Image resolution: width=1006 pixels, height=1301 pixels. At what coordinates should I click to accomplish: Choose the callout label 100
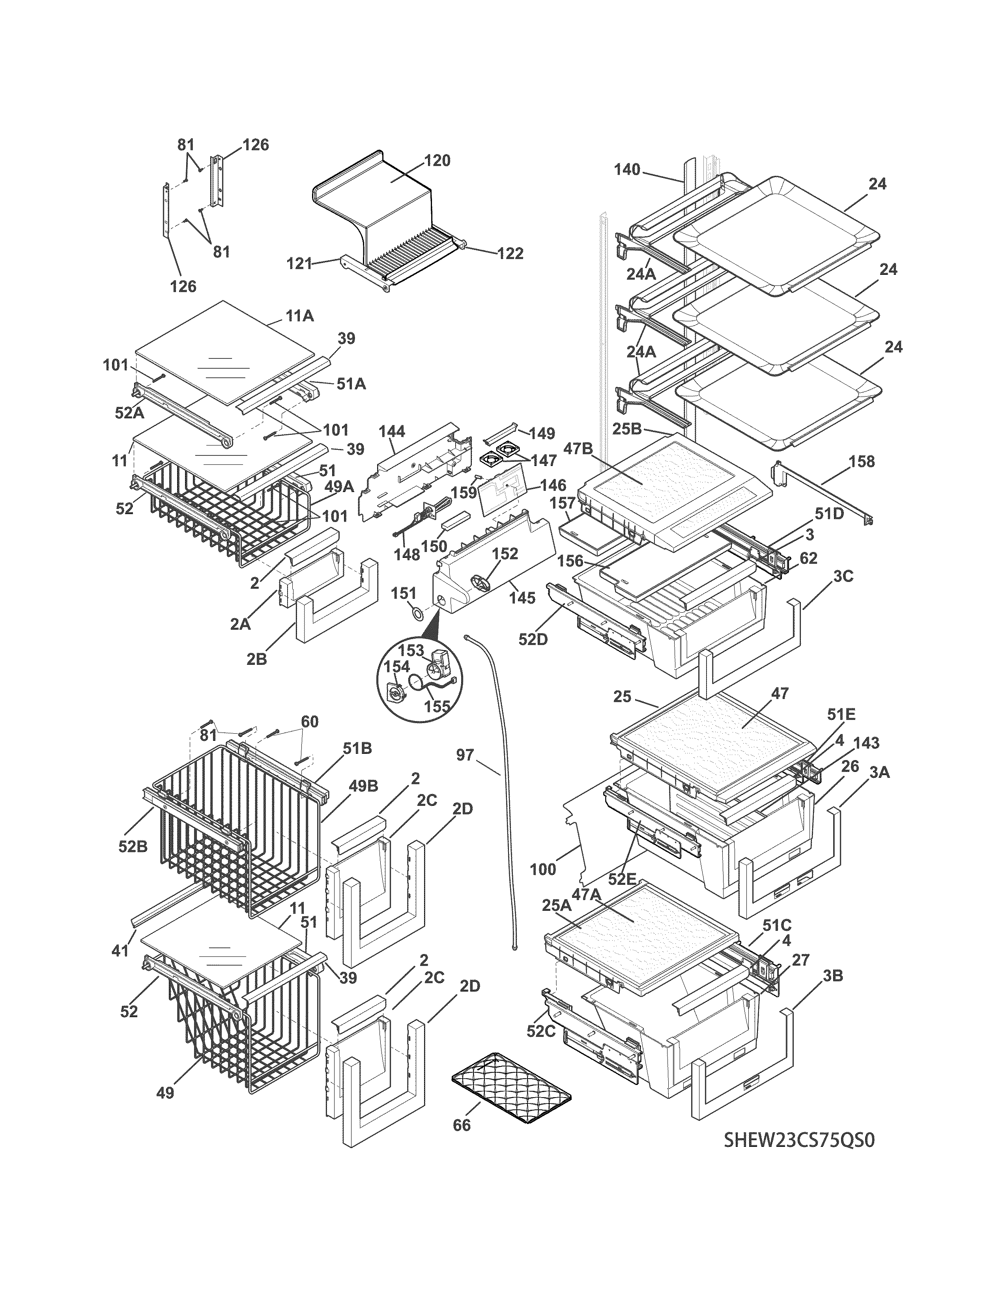(542, 869)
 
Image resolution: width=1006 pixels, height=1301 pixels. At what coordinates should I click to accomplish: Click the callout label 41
(120, 951)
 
